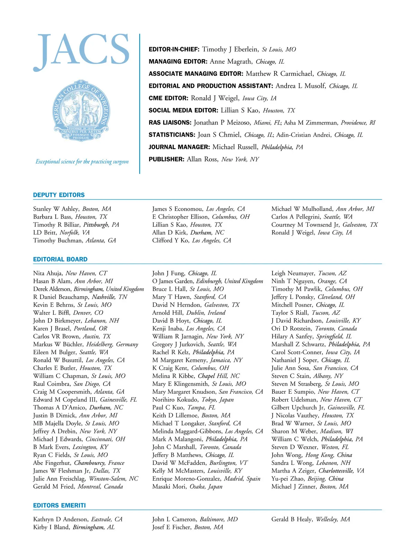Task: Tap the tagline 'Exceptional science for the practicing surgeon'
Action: (82, 162)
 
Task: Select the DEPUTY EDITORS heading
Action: (59, 195)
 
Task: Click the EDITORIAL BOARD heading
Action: (60, 259)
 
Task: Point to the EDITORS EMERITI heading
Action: (59, 505)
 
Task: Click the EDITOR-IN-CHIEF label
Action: (174, 49)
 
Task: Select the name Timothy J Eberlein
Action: (230, 49)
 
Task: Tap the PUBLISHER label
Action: (166, 159)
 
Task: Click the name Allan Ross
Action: (202, 159)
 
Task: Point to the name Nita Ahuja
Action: (48, 273)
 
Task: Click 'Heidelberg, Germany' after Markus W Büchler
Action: (112, 345)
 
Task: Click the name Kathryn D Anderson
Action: (61, 519)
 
